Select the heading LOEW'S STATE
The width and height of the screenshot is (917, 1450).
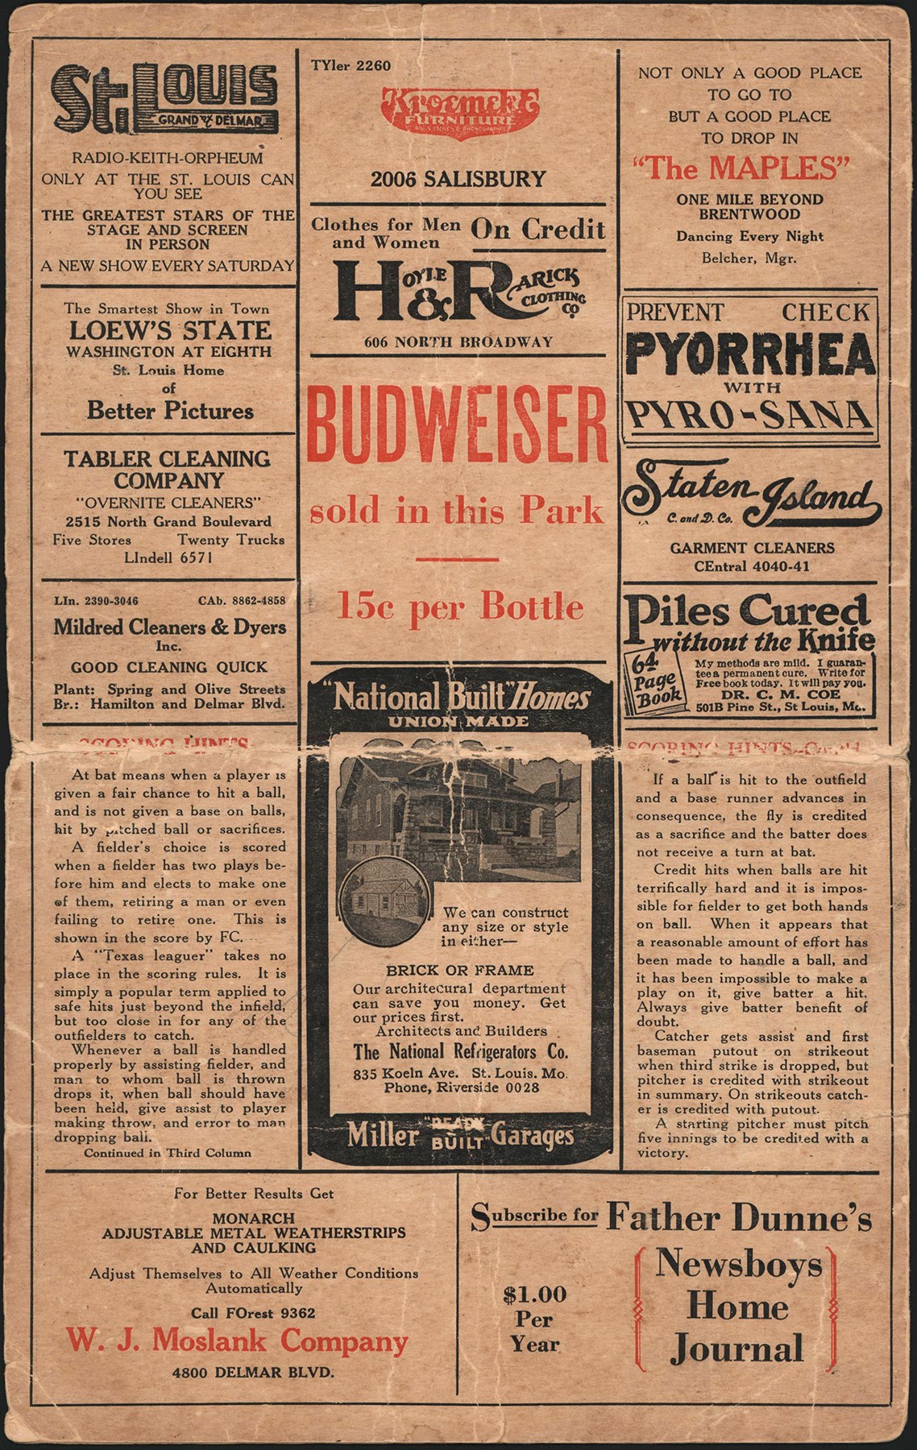[170, 330]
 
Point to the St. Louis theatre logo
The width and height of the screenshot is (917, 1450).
[165, 99]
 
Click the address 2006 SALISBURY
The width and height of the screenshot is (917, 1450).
[458, 179]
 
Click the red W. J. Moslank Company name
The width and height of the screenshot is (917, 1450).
[237, 1341]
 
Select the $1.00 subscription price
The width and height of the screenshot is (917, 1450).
[534, 1295]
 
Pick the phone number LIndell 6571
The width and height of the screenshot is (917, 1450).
[168, 557]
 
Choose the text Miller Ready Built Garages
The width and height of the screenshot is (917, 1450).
[460, 1137]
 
